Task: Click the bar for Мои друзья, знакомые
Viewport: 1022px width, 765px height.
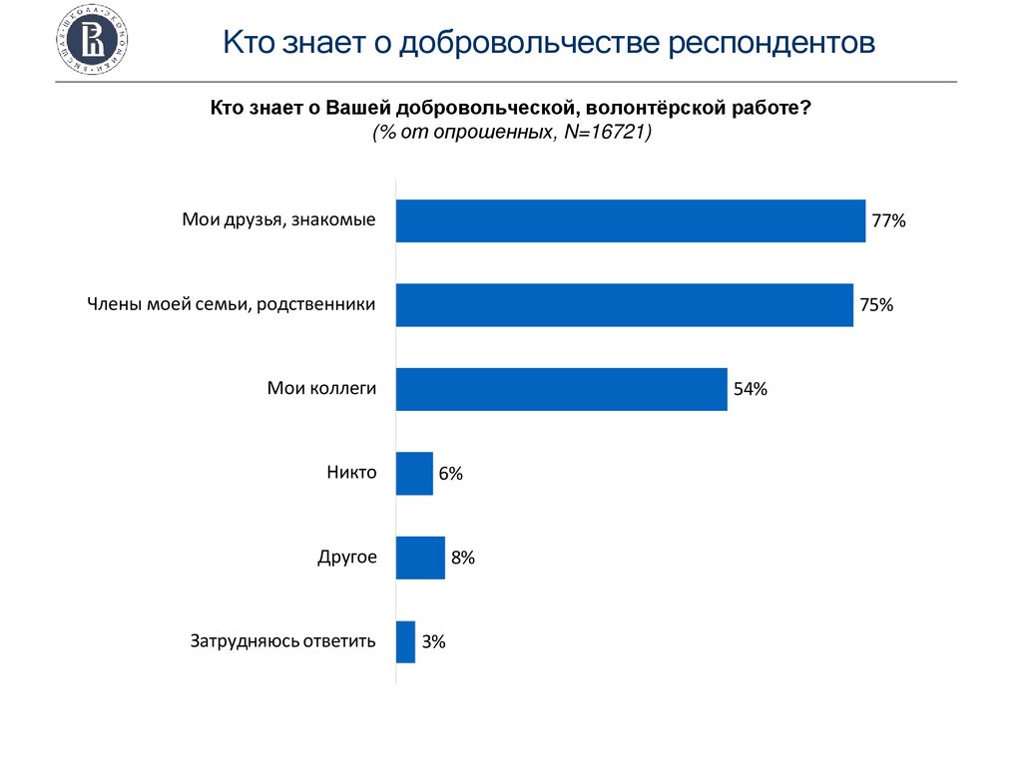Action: pyautogui.click(x=630, y=220)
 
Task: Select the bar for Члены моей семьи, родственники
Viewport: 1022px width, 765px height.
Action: pyautogui.click(x=624, y=305)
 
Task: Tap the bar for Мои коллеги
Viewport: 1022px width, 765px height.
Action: pyautogui.click(x=561, y=389)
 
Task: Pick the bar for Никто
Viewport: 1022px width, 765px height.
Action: pyautogui.click(x=414, y=473)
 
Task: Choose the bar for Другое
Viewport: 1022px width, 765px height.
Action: pyautogui.click(x=420, y=558)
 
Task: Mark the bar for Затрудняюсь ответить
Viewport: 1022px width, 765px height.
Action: pyautogui.click(x=405, y=641)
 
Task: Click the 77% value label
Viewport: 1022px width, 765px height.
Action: pyautogui.click(x=888, y=221)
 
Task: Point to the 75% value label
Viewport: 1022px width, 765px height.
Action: pyautogui.click(x=876, y=305)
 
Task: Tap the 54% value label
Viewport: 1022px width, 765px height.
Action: pyautogui.click(x=750, y=390)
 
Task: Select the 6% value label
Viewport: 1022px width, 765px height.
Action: pyautogui.click(x=450, y=474)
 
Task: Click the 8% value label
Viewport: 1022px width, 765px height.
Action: pyautogui.click(x=462, y=559)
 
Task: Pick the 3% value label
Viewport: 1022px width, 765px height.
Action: pyautogui.click(x=433, y=642)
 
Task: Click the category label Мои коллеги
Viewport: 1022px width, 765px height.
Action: pyautogui.click(x=321, y=389)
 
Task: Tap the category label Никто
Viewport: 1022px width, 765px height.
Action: pyautogui.click(x=351, y=473)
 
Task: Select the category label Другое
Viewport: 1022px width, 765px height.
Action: pyautogui.click(x=347, y=557)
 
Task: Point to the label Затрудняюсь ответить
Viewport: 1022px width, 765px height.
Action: pyautogui.click(x=283, y=641)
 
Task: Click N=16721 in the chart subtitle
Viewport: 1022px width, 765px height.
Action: pyautogui.click(x=604, y=133)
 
